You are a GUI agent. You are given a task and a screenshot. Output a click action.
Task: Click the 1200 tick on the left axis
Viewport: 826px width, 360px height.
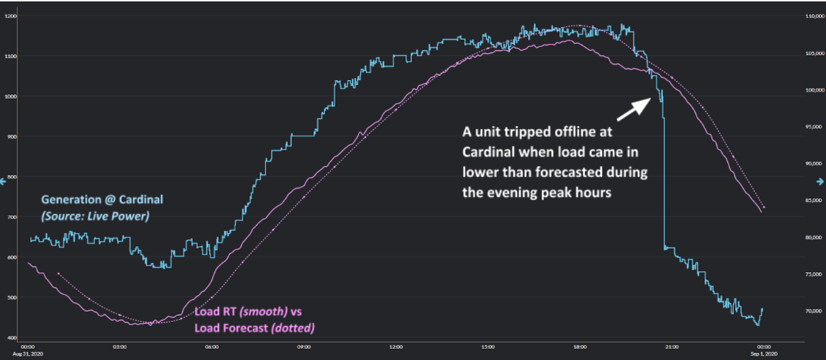(x=11, y=16)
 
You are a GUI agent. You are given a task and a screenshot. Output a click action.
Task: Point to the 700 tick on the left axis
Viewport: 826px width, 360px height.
(x=11, y=217)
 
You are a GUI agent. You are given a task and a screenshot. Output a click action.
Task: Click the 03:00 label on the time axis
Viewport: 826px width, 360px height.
(x=119, y=347)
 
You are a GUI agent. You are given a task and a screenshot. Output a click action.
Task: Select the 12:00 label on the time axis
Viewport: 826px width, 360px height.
(x=396, y=347)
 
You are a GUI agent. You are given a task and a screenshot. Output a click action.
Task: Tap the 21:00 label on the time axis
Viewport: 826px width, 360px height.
(x=671, y=347)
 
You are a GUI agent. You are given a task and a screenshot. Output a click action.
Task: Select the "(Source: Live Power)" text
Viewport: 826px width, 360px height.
(x=95, y=216)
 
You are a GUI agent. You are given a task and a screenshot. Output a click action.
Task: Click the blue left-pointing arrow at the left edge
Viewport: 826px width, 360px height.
(x=4, y=181)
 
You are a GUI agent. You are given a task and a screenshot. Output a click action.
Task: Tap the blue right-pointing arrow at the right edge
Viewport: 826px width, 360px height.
(x=821, y=181)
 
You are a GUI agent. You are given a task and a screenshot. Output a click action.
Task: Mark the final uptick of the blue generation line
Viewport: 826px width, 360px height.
(x=761, y=311)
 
